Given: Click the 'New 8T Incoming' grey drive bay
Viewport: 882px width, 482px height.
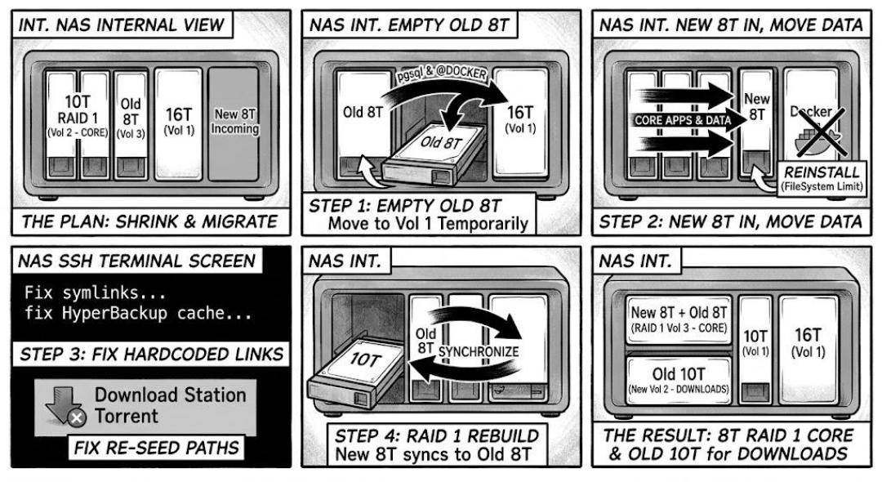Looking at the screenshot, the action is tap(234, 123).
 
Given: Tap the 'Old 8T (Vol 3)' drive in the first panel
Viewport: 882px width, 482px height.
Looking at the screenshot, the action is tap(131, 124).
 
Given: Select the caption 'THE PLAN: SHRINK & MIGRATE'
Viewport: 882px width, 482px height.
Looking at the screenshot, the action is tap(149, 221).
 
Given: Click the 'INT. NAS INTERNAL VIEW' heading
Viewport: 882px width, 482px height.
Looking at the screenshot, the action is tap(122, 25).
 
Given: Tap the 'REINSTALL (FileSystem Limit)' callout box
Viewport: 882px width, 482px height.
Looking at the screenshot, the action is tap(822, 178).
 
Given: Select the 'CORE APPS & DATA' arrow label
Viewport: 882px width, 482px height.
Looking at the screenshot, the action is tap(682, 120).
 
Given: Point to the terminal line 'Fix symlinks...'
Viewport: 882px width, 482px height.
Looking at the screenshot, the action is tap(95, 292).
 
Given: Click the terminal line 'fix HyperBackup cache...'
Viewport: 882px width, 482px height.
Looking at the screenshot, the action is tap(138, 313).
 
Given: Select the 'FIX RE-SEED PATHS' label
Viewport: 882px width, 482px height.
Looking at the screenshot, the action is tap(157, 448).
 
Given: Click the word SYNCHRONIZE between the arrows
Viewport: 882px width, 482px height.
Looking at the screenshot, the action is tap(478, 352).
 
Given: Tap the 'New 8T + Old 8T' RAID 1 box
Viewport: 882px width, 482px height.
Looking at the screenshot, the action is tap(679, 319).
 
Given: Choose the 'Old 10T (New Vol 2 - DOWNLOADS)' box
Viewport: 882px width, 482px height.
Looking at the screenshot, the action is tap(679, 380).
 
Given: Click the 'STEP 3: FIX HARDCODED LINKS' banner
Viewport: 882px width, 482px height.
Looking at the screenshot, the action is tap(151, 355).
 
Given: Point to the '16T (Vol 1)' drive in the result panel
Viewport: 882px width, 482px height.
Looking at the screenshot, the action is tap(808, 349).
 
